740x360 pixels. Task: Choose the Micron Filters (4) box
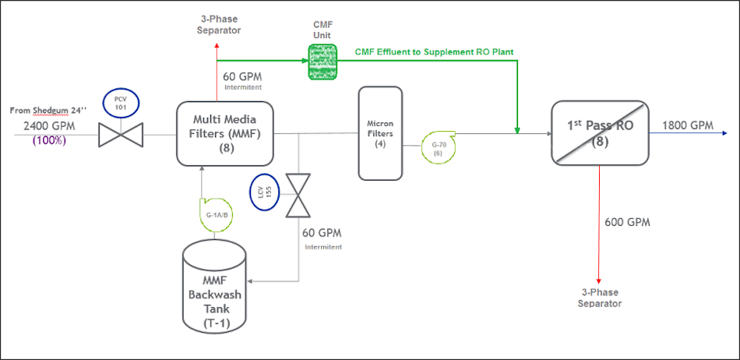coord(380,132)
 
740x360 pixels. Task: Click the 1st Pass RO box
coord(599,132)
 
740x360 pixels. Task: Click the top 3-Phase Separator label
coord(217,25)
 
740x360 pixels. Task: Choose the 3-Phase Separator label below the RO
coord(599,298)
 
